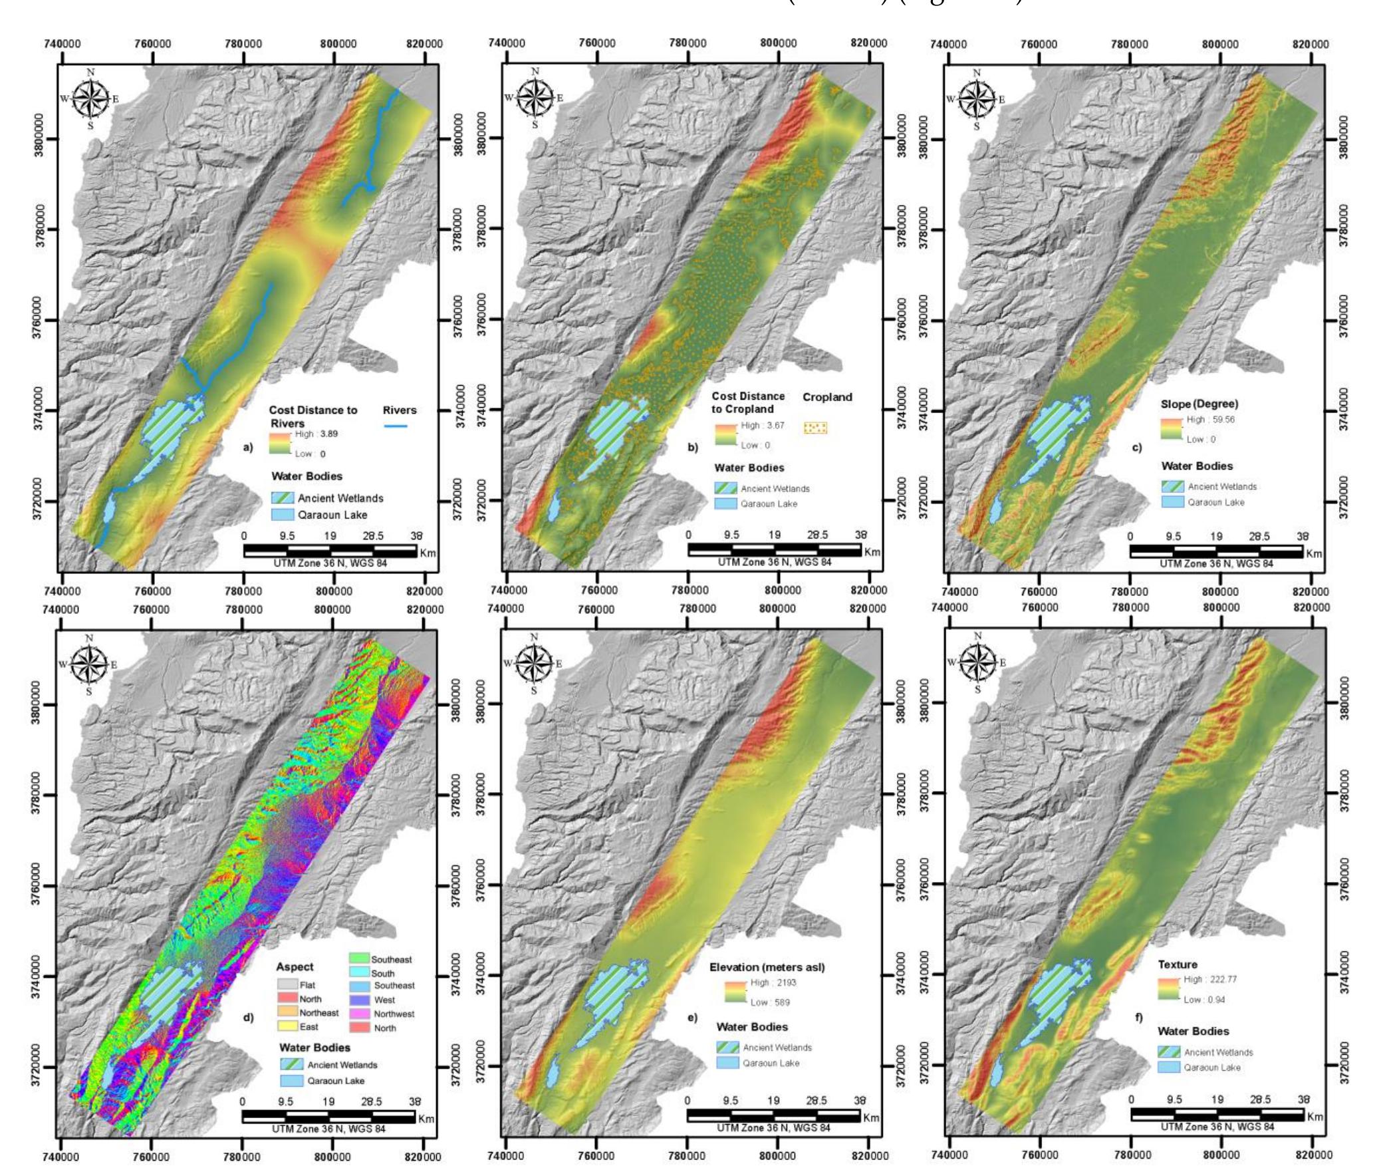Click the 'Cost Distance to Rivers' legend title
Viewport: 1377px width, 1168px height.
pyautogui.click(x=313, y=416)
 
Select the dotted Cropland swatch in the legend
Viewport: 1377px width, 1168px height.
pyautogui.click(x=815, y=428)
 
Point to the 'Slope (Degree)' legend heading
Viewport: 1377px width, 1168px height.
pyautogui.click(x=1199, y=404)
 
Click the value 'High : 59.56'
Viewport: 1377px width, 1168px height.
pyautogui.click(x=1211, y=420)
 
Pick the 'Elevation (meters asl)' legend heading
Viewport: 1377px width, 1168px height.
pyautogui.click(x=767, y=967)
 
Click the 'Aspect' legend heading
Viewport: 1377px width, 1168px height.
pyautogui.click(x=295, y=967)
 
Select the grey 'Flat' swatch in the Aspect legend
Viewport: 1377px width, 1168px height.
pyautogui.click(x=287, y=985)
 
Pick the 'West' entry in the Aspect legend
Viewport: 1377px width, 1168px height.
pyautogui.click(x=384, y=1000)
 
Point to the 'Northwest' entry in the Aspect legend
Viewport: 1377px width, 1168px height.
pyautogui.click(x=394, y=1014)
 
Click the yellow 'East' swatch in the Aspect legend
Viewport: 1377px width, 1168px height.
pyautogui.click(x=287, y=1027)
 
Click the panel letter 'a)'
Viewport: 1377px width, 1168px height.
pyautogui.click(x=248, y=448)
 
